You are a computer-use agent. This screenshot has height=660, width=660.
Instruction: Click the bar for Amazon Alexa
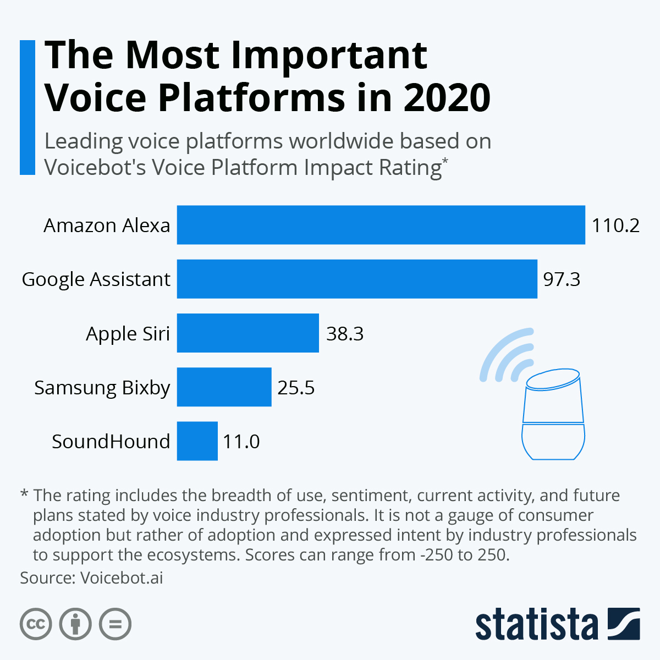[x=381, y=225]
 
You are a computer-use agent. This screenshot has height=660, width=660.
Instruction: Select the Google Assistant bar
[x=356, y=279]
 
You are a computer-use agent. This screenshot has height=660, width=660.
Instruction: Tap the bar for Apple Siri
[x=248, y=333]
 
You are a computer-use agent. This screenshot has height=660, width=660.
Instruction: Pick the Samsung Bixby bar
[x=224, y=387]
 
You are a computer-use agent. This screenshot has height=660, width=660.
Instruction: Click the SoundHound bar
[x=197, y=441]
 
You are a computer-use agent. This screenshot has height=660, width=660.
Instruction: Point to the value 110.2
[x=615, y=226]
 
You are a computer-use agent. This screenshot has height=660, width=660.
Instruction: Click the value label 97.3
[x=562, y=279]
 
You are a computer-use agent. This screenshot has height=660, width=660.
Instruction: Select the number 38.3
[x=345, y=334]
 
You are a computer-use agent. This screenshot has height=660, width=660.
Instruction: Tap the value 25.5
[x=296, y=388]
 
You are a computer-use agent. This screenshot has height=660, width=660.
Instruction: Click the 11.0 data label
[x=241, y=441]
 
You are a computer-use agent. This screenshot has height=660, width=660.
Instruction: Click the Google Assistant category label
[x=96, y=279]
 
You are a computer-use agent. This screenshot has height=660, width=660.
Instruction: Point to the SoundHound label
[x=111, y=442]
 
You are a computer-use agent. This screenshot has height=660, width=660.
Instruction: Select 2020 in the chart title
[x=446, y=97]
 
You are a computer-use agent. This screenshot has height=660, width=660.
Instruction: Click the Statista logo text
[x=536, y=625]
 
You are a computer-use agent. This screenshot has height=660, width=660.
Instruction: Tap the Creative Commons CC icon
[x=36, y=624]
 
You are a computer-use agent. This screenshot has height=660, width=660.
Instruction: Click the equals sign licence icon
[x=115, y=624]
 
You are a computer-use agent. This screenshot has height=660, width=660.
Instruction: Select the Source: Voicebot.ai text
[x=91, y=578]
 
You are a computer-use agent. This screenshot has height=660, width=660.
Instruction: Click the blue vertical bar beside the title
[x=27, y=107]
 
